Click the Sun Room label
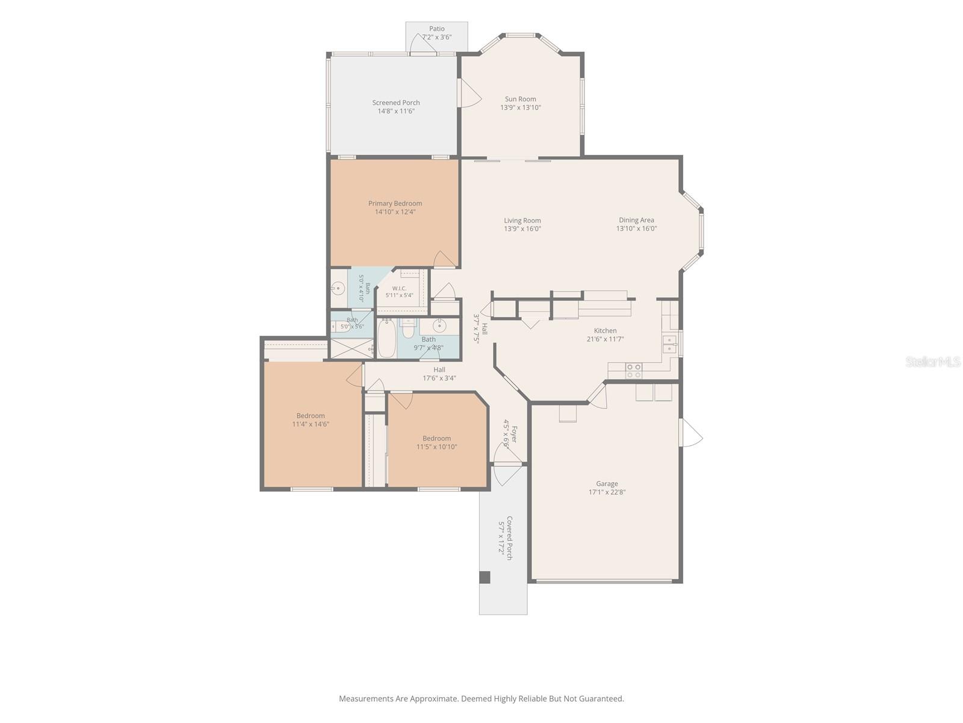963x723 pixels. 520,99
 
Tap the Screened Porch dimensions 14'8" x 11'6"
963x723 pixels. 395,111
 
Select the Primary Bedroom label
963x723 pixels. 395,203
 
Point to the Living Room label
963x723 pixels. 522,221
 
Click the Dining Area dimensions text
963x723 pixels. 636,228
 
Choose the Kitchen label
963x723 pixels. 605,331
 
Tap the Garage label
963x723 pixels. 607,483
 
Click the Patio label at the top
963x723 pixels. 436,28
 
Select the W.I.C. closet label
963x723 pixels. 399,289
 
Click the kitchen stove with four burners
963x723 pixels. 634,371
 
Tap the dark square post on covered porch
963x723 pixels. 485,577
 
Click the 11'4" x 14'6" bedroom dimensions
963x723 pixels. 311,424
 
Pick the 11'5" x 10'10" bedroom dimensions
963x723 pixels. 436,447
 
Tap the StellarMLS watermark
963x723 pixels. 933,361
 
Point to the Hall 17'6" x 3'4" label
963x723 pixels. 439,374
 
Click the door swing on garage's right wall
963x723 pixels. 690,433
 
